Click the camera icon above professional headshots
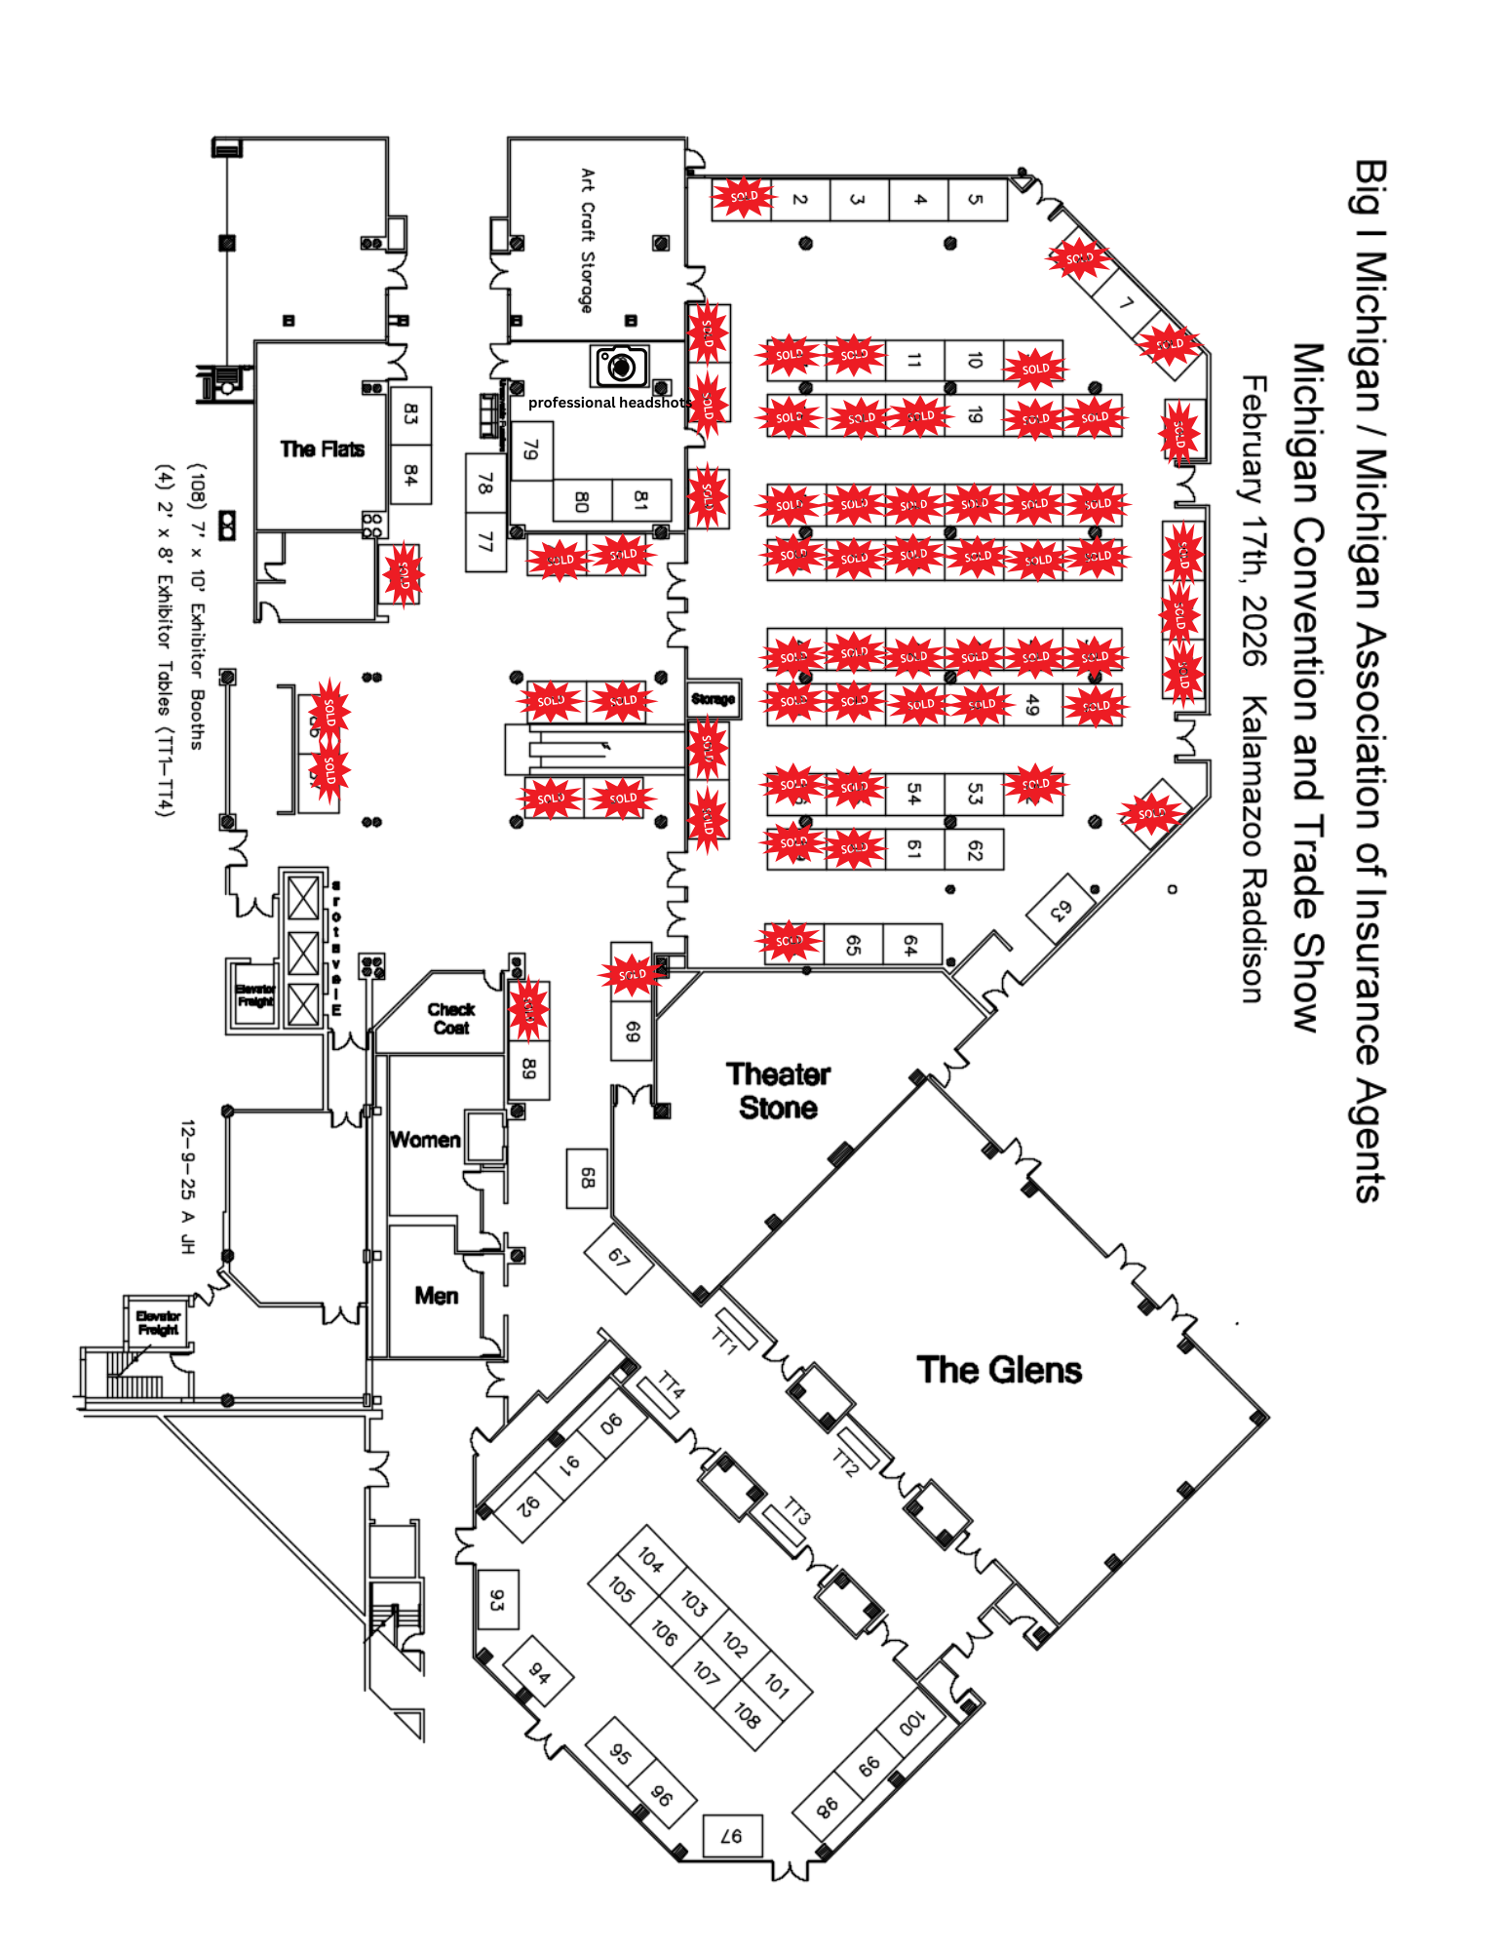[x=621, y=367]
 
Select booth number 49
[x=1033, y=704]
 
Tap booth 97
[x=731, y=1836]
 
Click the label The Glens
[x=999, y=1370]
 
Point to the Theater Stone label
[x=778, y=1091]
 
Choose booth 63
[x=1061, y=910]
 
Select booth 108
[x=747, y=1715]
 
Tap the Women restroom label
[x=425, y=1140]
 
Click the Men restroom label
[x=436, y=1296]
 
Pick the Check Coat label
[x=450, y=1018]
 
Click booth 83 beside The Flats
[x=410, y=414]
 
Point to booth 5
[x=976, y=200]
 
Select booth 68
[x=587, y=1178]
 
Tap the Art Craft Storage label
[x=587, y=240]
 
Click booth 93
[x=497, y=1600]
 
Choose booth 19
[x=974, y=415]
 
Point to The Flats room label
[x=322, y=448]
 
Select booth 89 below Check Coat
[x=528, y=1069]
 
